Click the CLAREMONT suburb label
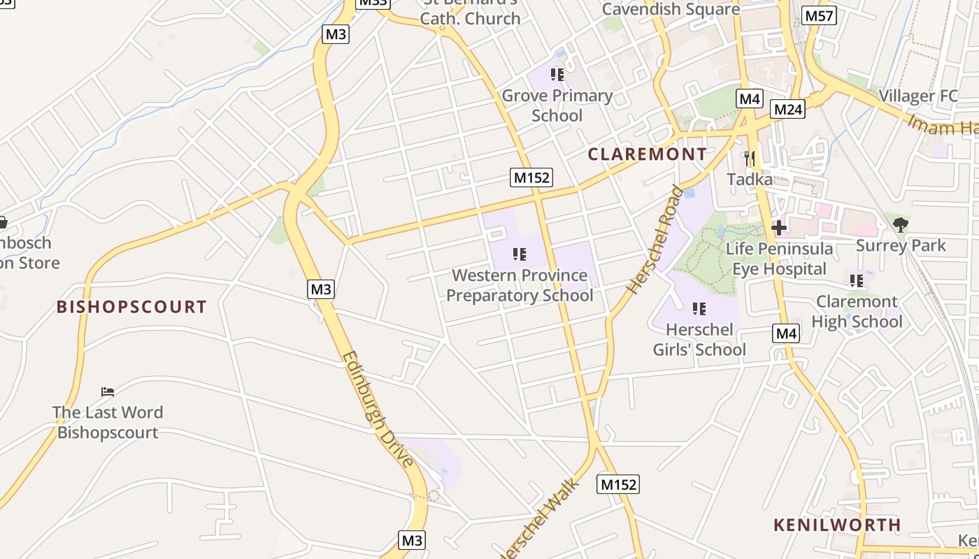click(647, 154)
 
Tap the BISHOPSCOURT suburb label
click(131, 307)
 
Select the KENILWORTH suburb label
click(837, 525)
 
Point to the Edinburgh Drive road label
click(378, 409)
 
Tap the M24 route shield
click(787, 109)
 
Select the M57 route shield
click(820, 15)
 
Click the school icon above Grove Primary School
click(557, 74)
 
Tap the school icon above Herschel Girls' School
click(699, 308)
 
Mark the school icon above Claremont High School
click(857, 281)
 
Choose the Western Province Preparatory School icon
click(519, 254)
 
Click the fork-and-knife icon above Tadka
click(750, 159)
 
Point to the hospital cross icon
click(778, 227)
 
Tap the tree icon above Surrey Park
click(901, 224)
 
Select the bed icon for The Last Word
click(108, 391)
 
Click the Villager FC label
click(917, 96)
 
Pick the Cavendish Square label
click(671, 10)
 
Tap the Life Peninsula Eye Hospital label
click(779, 259)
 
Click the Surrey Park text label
click(901, 246)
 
